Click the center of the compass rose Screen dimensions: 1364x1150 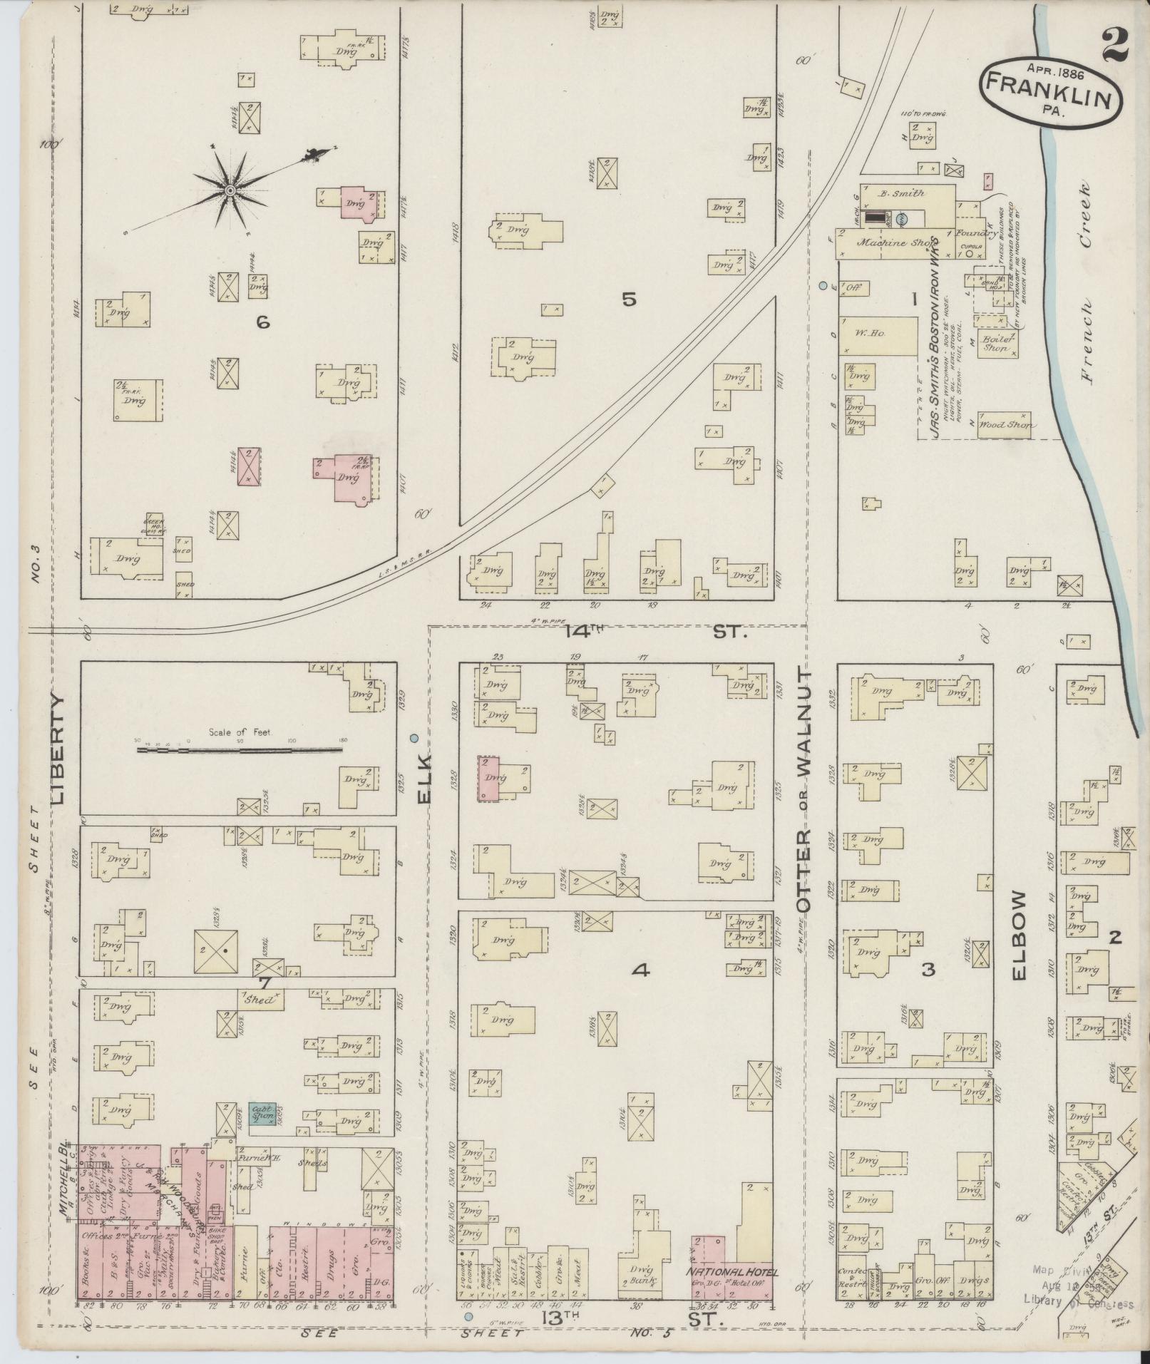(x=230, y=190)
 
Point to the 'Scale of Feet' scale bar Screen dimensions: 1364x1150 (x=239, y=749)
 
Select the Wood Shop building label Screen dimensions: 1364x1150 (x=1002, y=424)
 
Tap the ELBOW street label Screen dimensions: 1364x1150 (x=1017, y=934)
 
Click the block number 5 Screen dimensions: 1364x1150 (x=628, y=299)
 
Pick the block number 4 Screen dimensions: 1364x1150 (x=641, y=970)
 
